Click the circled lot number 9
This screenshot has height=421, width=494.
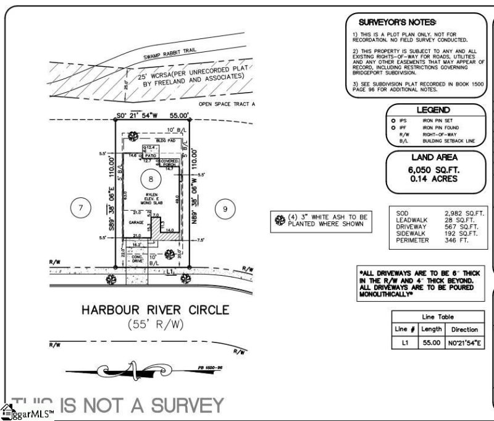pos(225,209)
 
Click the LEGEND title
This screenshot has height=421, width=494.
pos(432,109)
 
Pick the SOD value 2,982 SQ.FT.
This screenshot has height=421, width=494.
pos(464,213)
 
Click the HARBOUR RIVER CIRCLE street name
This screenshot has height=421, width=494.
pos(146,309)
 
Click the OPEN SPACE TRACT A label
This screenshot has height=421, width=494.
pos(227,105)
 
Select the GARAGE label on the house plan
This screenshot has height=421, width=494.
pos(136,221)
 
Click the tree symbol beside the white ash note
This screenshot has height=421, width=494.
pos(279,220)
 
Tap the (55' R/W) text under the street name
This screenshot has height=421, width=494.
pos(156,324)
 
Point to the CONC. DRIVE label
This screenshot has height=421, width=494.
pos(137,258)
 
